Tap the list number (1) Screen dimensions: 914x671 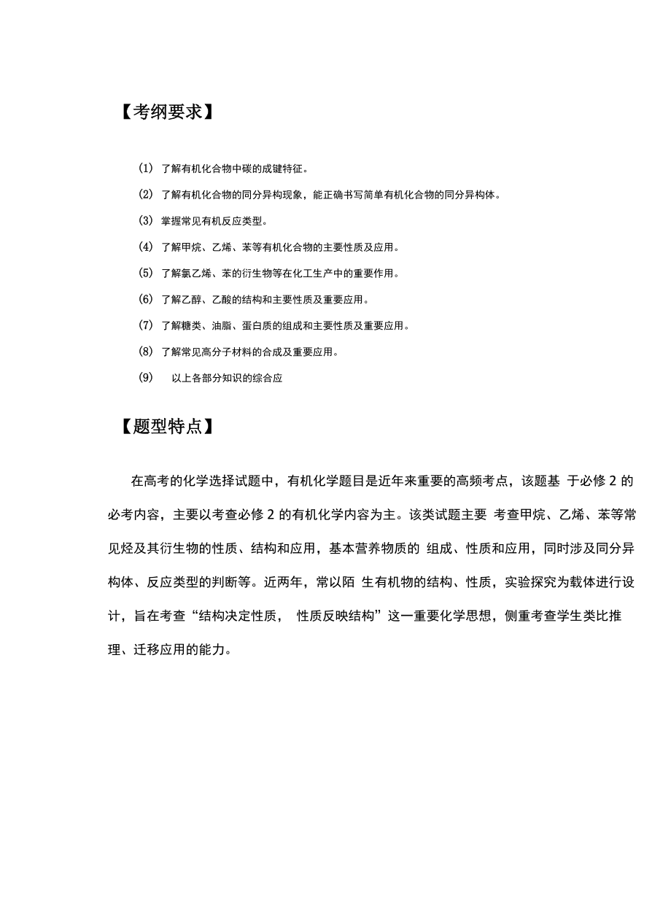pos(145,169)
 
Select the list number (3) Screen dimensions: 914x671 pos(145,220)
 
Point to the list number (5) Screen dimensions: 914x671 pos(145,273)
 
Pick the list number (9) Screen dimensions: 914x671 pos(145,378)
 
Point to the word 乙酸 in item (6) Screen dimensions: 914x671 pos(224,299)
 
